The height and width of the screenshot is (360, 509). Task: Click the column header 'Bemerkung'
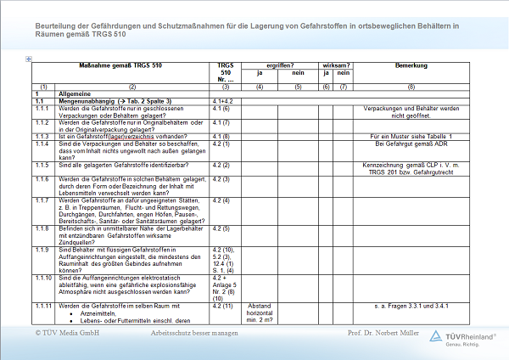[411, 65]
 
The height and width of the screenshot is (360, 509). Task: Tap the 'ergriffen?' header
[279, 65]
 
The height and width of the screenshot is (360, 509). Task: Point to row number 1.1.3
[42, 136]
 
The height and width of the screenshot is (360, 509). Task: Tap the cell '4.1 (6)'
[222, 109]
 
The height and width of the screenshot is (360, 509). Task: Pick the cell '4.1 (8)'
[222, 136]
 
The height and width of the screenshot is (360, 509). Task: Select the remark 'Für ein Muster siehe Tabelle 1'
[411, 136]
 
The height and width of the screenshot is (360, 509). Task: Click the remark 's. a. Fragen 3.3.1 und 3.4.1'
[411, 305]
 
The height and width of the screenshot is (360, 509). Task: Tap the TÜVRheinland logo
[461, 338]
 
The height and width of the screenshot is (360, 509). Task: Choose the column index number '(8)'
[411, 87]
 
